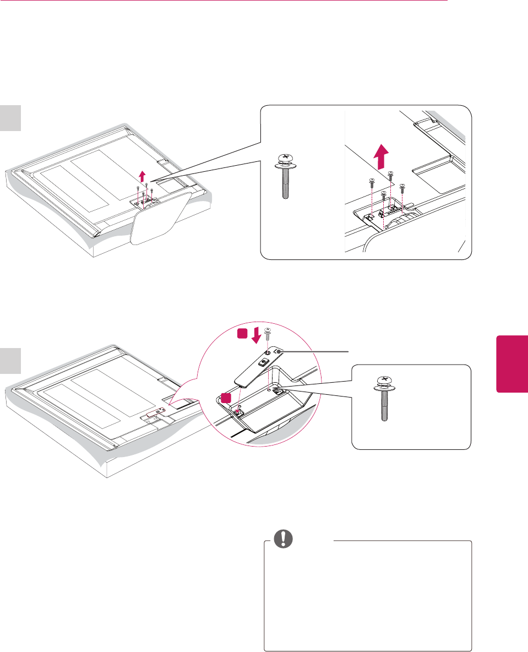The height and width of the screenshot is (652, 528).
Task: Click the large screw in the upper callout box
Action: (x=284, y=175)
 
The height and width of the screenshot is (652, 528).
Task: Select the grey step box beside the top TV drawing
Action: (x=10, y=118)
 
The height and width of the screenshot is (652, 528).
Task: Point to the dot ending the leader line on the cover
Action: (x=280, y=351)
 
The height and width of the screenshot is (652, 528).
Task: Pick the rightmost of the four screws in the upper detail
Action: (x=402, y=188)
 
